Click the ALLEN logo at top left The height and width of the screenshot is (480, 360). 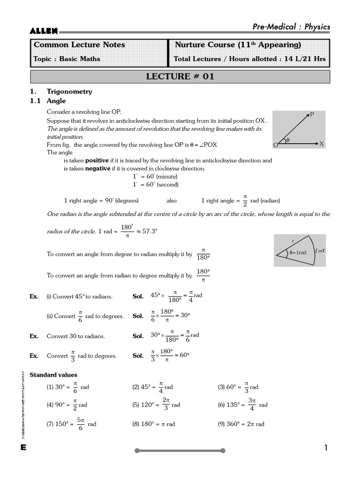pyautogui.click(x=44, y=31)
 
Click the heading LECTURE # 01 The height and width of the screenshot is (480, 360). pyautogui.click(x=180, y=76)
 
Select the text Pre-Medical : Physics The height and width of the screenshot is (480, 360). pyautogui.click(x=291, y=27)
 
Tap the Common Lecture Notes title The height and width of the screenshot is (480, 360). pyautogui.click(x=79, y=45)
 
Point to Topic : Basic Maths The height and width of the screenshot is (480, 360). pyautogui.click(x=67, y=59)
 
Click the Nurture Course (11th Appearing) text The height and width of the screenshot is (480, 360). pyautogui.click(x=238, y=45)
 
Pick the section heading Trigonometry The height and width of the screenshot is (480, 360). pyautogui.click(x=69, y=91)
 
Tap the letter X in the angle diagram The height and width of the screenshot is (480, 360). pyautogui.click(x=322, y=144)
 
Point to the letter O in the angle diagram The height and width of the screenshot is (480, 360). pyautogui.click(x=275, y=146)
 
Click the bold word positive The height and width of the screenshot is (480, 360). pyautogui.click(x=97, y=160)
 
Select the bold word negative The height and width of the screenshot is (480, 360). pyautogui.click(x=97, y=169)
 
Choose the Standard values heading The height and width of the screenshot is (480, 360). pyautogui.click(x=53, y=375)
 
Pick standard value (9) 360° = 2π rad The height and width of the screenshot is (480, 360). pyautogui.click(x=240, y=424)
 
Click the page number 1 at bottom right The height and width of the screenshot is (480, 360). pyautogui.click(x=326, y=448)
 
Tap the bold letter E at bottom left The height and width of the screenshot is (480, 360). pyautogui.click(x=22, y=448)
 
